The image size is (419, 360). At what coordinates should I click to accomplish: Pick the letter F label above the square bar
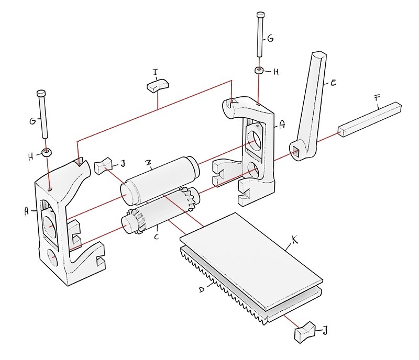[x=377, y=98]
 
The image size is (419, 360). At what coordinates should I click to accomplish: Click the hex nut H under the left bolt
[x=47, y=152]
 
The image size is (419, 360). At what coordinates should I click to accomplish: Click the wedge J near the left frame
[x=103, y=166]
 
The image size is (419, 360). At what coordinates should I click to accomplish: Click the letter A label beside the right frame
[x=283, y=124]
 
